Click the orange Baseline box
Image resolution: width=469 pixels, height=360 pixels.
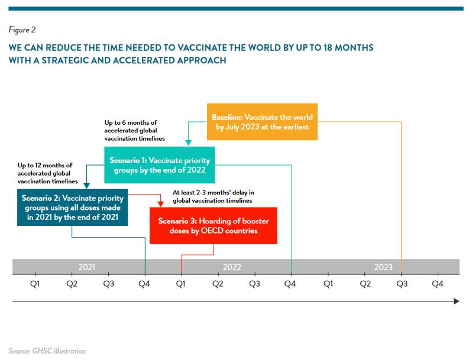click(x=262, y=122)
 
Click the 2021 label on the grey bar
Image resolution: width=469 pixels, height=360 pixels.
click(x=86, y=267)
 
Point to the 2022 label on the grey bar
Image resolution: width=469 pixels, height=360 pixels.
click(x=232, y=267)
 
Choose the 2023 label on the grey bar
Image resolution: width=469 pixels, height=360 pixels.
click(x=383, y=267)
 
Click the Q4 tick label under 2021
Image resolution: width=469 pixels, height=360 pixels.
click(x=145, y=284)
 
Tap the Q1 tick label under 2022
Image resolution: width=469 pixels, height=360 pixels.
click(x=181, y=284)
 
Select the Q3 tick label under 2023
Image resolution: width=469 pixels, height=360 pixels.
click(x=402, y=284)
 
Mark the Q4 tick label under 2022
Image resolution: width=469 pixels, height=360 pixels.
click(x=292, y=284)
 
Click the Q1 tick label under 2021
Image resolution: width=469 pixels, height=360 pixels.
click(x=35, y=284)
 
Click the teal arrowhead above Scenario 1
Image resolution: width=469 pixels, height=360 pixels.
click(x=187, y=142)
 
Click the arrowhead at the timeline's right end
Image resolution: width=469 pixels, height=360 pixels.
click(x=456, y=301)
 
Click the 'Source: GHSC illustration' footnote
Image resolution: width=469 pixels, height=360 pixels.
click(x=47, y=351)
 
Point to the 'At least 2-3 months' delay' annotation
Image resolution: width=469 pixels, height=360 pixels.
click(x=213, y=196)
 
